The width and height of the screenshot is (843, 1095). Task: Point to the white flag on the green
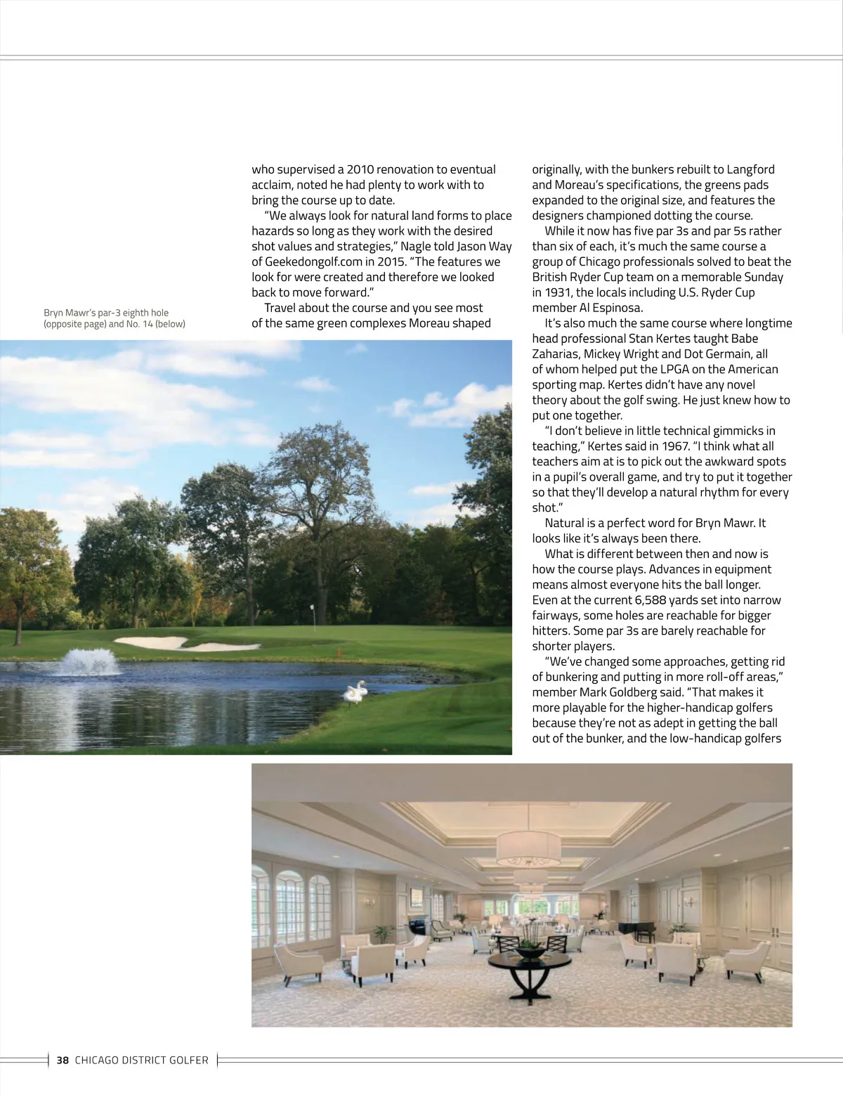[311, 607]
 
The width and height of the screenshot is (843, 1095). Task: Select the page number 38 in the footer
[63, 1060]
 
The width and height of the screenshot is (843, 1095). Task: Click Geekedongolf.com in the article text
[308, 261]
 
